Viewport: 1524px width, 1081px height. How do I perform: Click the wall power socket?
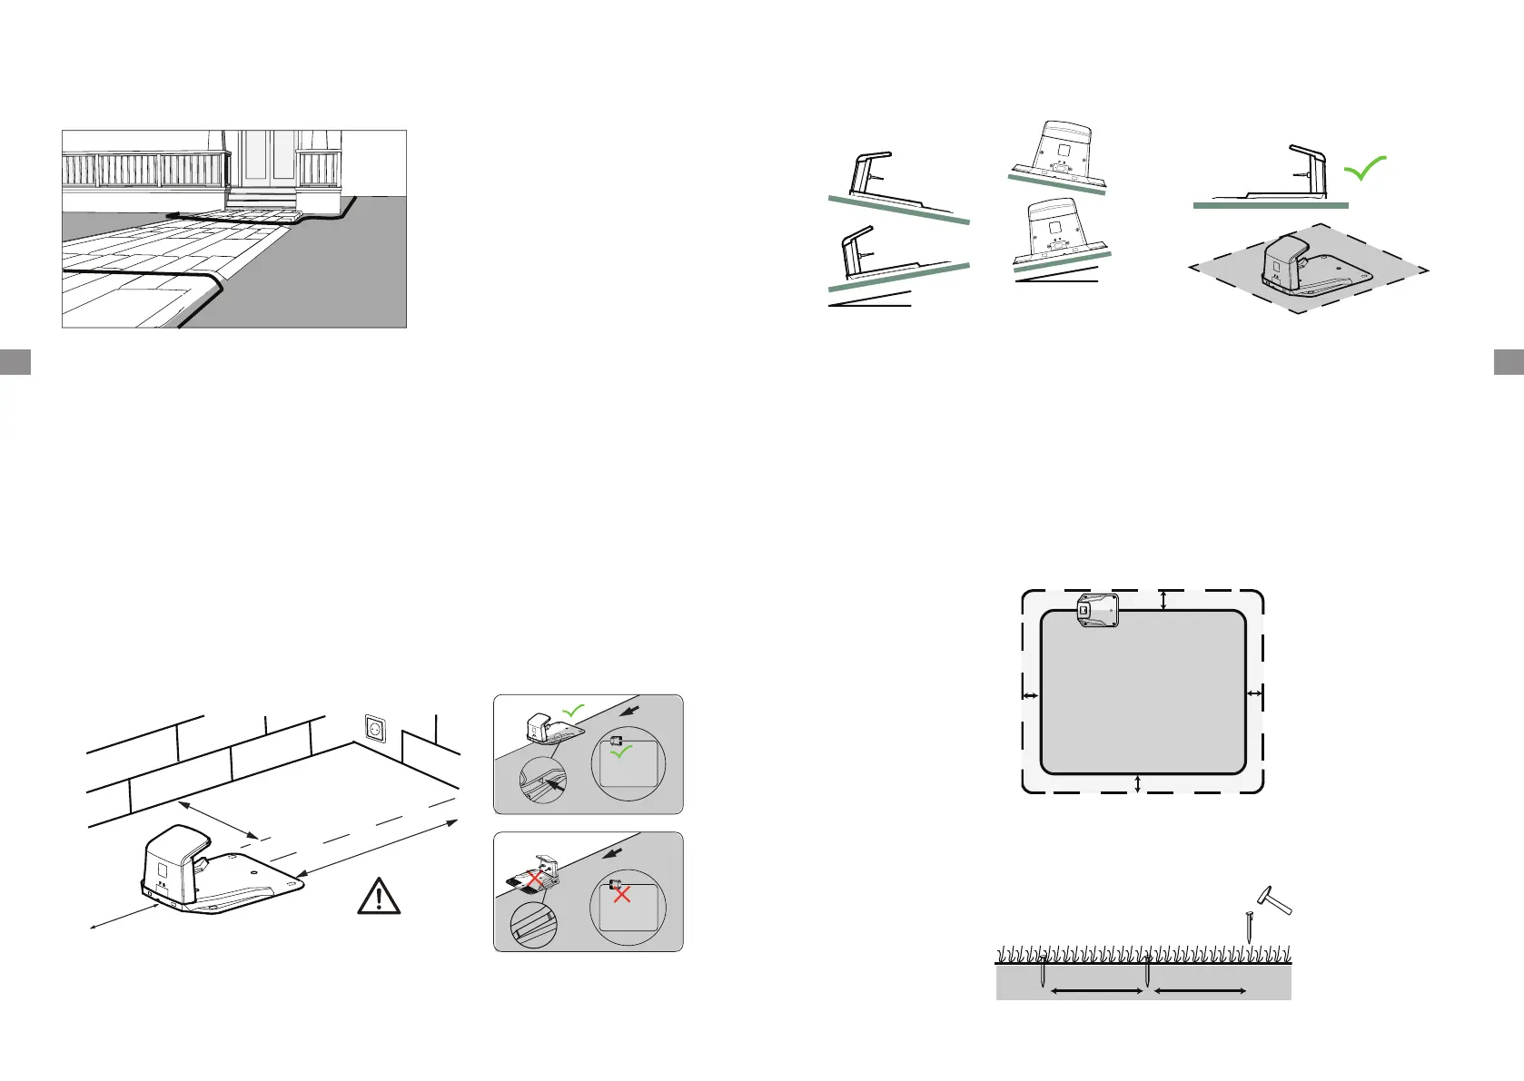point(374,729)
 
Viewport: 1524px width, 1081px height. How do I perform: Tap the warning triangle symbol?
point(379,897)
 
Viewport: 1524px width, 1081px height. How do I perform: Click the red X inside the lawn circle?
point(622,894)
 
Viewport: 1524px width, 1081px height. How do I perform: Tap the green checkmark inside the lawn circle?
point(621,752)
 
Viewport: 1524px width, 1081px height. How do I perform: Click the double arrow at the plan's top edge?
point(1163,599)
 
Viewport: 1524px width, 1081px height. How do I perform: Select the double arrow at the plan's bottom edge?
point(1138,784)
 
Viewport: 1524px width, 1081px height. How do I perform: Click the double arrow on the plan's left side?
point(1031,696)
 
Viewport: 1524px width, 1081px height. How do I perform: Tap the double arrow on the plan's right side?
point(1254,694)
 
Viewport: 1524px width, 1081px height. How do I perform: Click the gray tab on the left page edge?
point(15,361)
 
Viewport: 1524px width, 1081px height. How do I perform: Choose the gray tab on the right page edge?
point(1509,361)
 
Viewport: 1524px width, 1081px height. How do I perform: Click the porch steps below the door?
point(262,199)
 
